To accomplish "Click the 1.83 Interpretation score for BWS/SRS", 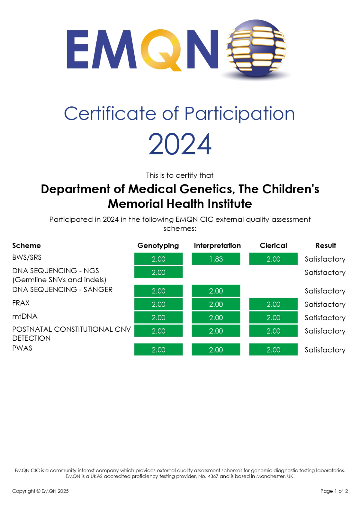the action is click(216, 259).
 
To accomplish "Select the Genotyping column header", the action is click(158, 246).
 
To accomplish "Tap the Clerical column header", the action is click(273, 246).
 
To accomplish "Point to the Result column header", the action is click(326, 246).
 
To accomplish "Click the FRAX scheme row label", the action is click(21, 303).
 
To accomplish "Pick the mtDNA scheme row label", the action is click(25, 316).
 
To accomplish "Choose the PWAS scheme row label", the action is click(22, 348).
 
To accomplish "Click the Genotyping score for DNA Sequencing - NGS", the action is click(158, 272).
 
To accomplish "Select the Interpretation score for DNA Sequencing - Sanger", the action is click(216, 291).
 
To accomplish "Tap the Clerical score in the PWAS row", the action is click(273, 350).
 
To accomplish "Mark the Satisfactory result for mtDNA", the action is click(325, 318).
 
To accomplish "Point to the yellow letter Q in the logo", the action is click(161, 50).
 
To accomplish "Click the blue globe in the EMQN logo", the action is click(256, 48).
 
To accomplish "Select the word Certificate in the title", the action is click(110, 113).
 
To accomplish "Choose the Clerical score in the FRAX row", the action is click(273, 304).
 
